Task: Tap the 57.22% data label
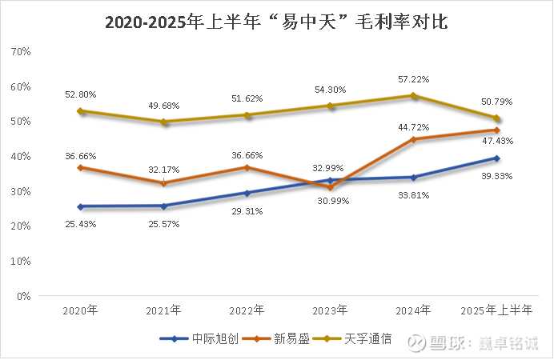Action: click(x=414, y=80)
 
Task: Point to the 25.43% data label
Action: click(x=80, y=224)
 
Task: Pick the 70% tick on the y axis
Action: click(x=20, y=51)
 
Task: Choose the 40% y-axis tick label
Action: click(x=20, y=156)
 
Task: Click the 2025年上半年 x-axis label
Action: click(x=496, y=310)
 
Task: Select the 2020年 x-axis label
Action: click(x=80, y=310)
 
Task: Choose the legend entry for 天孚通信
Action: click(x=358, y=339)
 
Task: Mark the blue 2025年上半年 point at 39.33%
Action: click(x=496, y=158)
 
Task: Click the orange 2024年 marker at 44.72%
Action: click(x=414, y=139)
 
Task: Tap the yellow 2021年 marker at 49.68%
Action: click(x=164, y=122)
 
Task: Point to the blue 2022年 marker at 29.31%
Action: click(x=247, y=193)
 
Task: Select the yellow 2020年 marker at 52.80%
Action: click(x=81, y=111)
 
